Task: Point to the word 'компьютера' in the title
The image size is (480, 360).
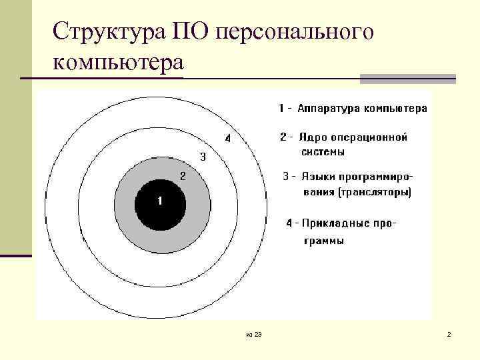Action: [x=117, y=65]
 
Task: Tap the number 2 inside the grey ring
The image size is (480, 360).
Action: [x=183, y=176]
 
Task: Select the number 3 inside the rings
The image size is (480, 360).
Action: [x=203, y=157]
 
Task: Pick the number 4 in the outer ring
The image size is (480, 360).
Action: [x=227, y=139]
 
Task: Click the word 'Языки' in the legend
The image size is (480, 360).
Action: [x=316, y=177]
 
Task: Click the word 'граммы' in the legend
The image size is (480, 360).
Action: [x=324, y=241]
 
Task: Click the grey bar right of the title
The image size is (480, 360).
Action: [x=408, y=79]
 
